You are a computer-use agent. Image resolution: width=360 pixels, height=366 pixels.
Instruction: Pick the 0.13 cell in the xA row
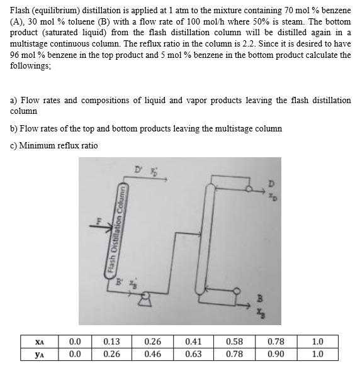[x=111, y=341]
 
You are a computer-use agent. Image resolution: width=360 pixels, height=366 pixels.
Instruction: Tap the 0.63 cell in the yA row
[x=194, y=354]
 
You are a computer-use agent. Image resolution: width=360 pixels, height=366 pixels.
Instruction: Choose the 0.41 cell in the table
[x=194, y=341]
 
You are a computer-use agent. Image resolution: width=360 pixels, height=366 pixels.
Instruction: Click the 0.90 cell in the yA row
[x=276, y=354]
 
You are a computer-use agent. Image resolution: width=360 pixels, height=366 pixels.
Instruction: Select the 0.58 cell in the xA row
[x=235, y=341]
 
